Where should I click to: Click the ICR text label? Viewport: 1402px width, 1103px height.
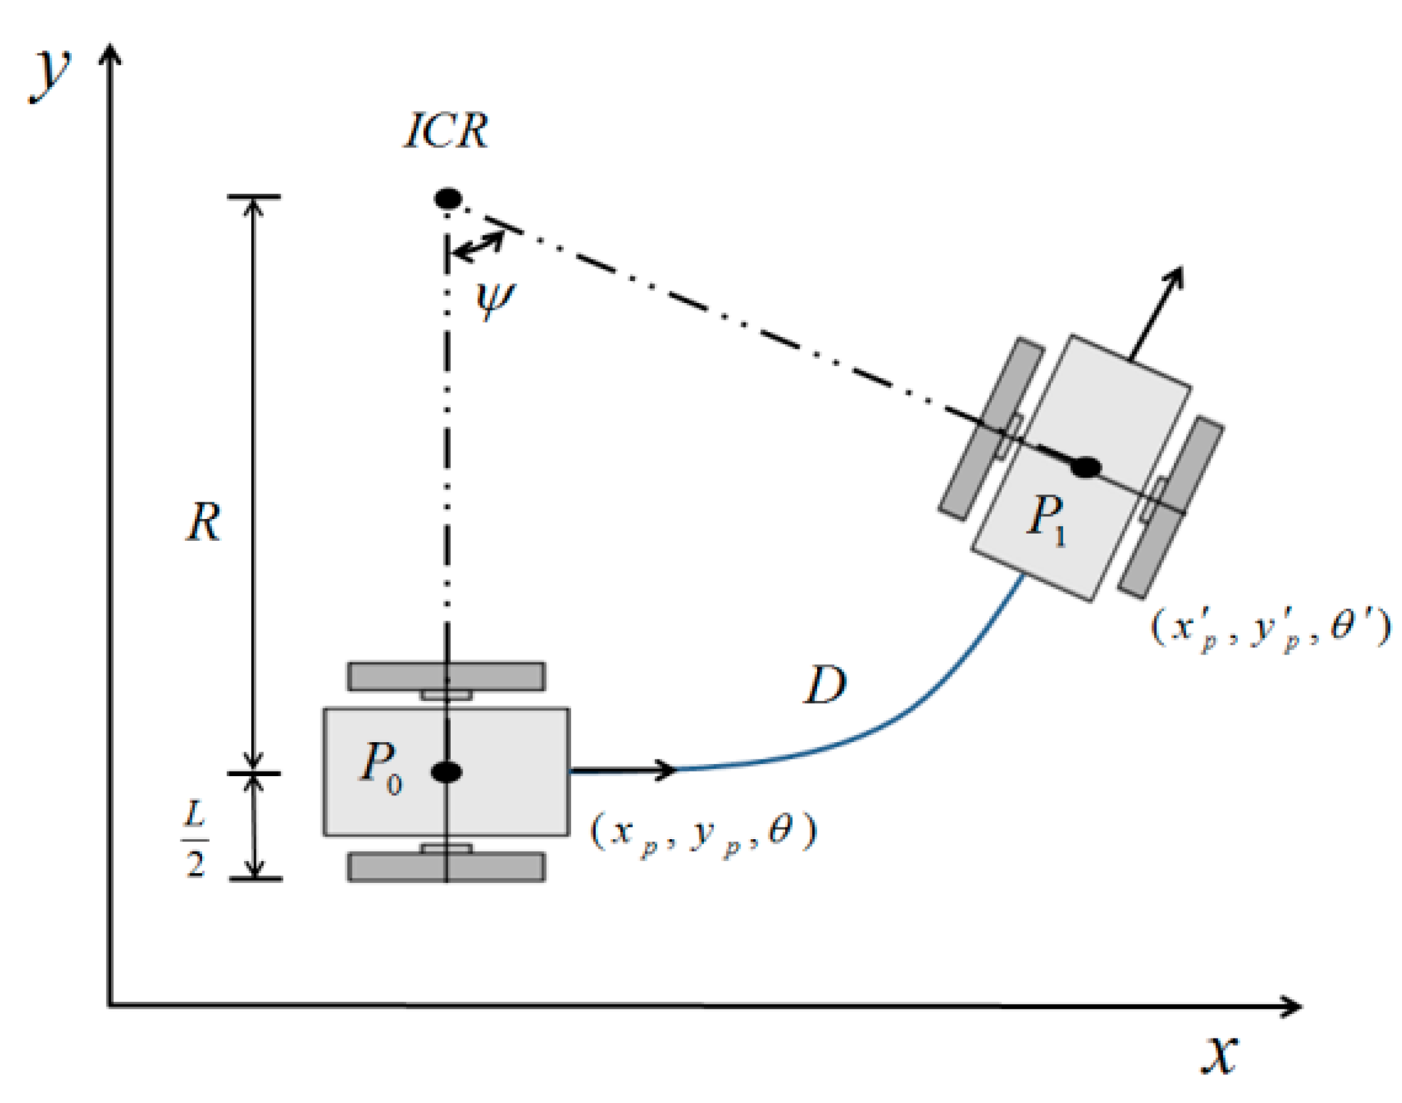click(x=446, y=130)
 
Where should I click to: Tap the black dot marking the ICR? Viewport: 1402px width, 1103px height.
click(x=448, y=198)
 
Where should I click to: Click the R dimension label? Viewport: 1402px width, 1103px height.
click(x=203, y=522)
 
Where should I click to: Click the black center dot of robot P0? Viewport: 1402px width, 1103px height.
click(x=447, y=771)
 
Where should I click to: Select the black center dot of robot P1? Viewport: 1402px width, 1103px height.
click(x=1085, y=467)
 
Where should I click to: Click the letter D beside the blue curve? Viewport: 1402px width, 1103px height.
click(x=825, y=686)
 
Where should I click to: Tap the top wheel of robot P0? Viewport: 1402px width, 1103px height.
click(x=447, y=676)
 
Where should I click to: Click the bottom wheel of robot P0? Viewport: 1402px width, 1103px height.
click(x=447, y=866)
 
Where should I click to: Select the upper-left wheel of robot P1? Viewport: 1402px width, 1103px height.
click(x=991, y=429)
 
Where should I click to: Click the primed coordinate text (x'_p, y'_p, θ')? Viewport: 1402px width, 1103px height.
click(x=1270, y=629)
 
